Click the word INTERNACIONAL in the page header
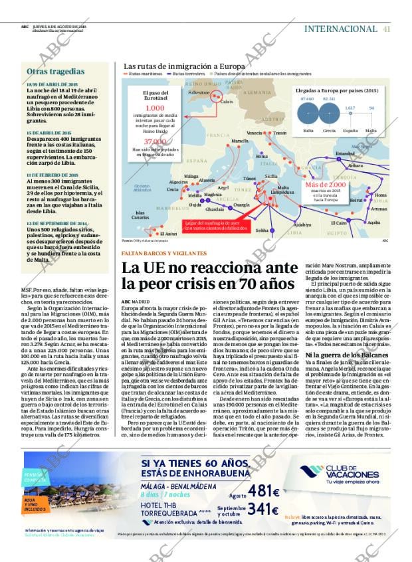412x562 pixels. click(341, 29)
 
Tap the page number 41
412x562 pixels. click(387, 29)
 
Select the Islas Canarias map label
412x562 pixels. click(140, 215)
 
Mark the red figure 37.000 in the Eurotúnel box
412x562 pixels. click(155, 142)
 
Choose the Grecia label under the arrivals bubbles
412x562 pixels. click(329, 131)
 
